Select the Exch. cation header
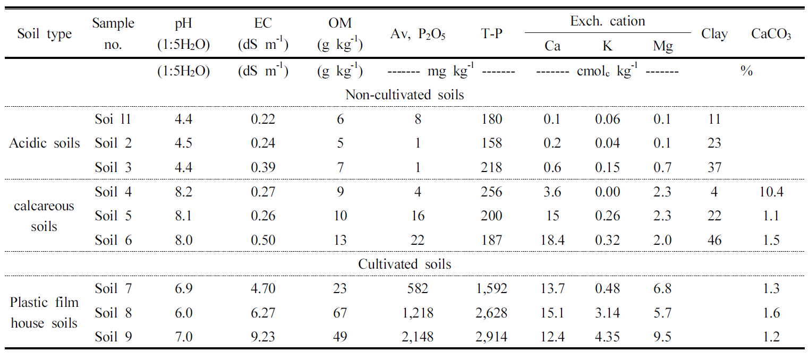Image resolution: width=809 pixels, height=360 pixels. (x=607, y=22)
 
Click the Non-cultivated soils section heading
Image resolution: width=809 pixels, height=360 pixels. (x=404, y=95)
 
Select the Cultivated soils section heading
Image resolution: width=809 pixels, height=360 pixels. (x=404, y=264)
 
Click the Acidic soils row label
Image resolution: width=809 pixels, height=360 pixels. (x=45, y=143)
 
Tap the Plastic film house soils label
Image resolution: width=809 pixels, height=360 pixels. (x=45, y=313)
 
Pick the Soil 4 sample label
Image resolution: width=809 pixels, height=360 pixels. (x=113, y=192)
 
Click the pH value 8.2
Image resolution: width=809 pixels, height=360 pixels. (x=184, y=192)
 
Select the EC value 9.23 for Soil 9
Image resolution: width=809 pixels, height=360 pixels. (x=263, y=337)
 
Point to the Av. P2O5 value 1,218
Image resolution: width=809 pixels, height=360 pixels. (x=418, y=313)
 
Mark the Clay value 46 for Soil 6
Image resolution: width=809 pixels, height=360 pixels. (x=714, y=240)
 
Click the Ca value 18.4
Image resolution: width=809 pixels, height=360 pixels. (x=552, y=240)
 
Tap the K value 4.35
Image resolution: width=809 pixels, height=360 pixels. (x=607, y=337)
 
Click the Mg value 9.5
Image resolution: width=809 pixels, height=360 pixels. (x=662, y=337)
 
